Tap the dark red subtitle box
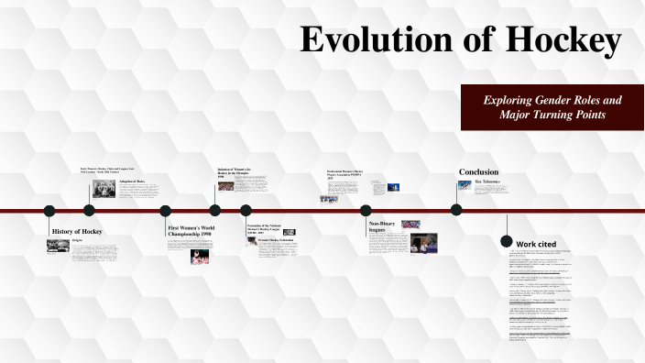tap(552, 107)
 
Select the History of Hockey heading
tap(77, 231)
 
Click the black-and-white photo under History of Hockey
tap(58, 246)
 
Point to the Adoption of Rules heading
tap(132, 181)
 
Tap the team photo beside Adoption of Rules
tap(103, 190)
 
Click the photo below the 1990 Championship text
tap(199, 257)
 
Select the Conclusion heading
tap(478, 172)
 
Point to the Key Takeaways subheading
tap(487, 181)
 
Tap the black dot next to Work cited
tap(507, 241)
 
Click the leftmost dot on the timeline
tap(49, 210)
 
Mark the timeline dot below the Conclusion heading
tap(456, 210)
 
